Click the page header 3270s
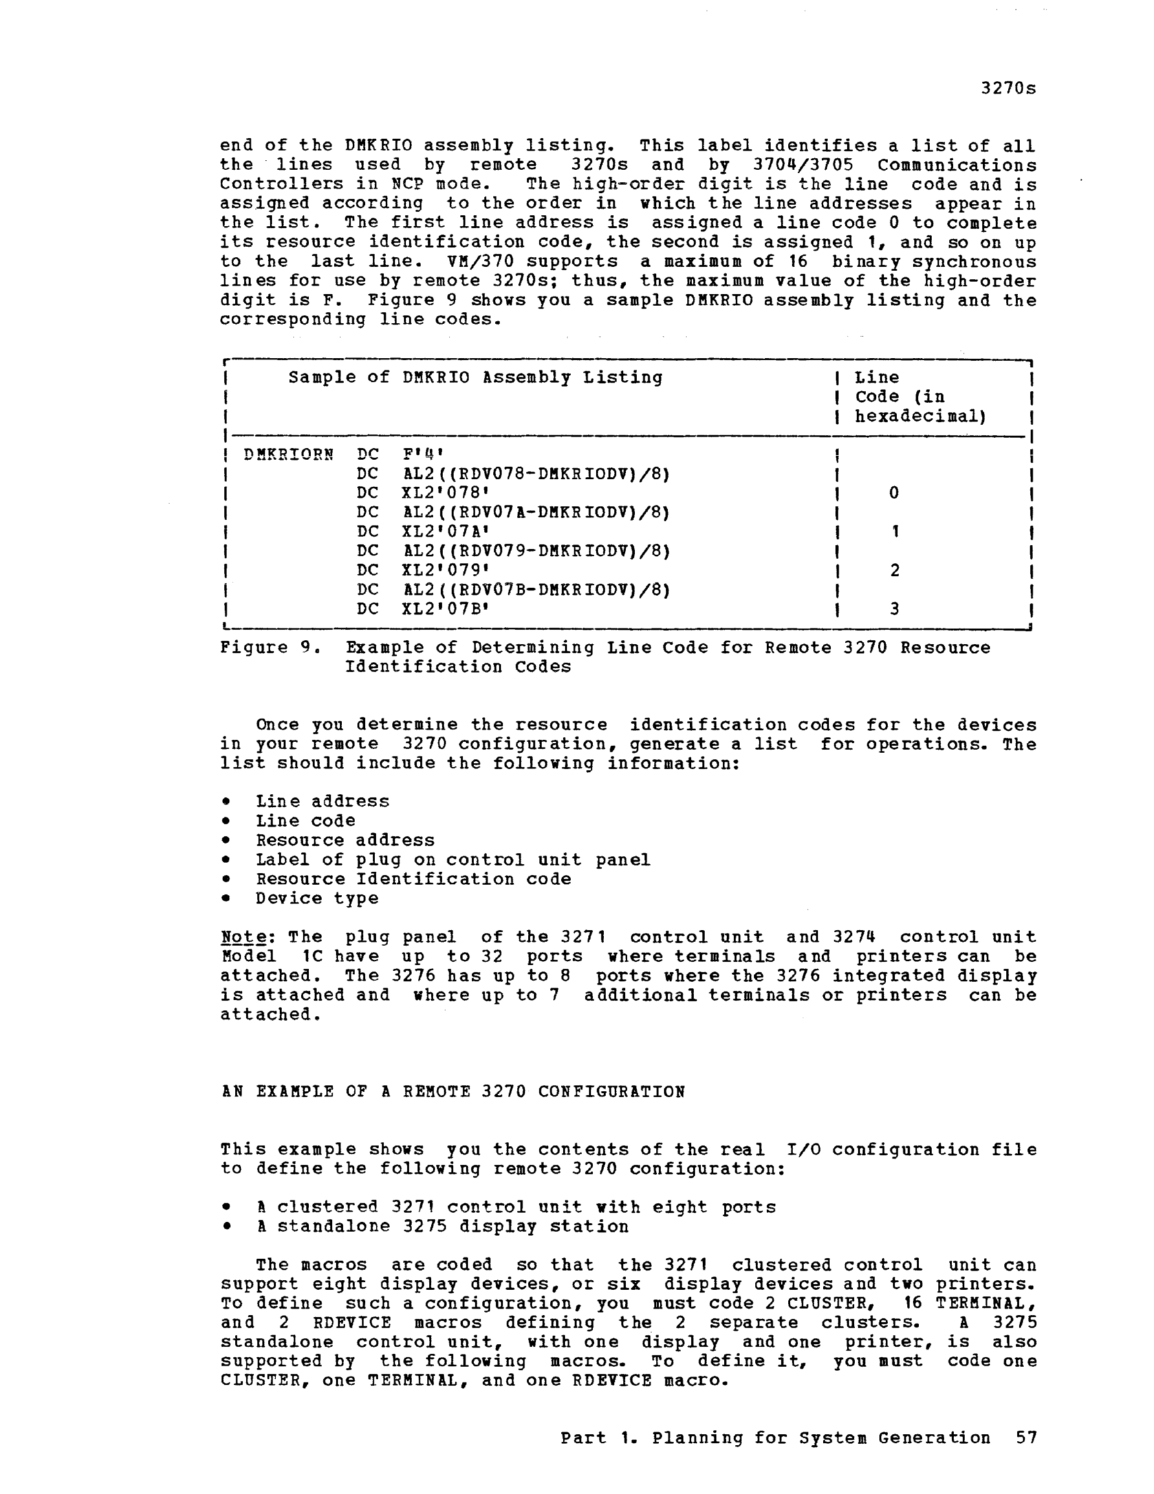[1008, 88]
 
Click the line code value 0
[894, 492]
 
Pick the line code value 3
[894, 608]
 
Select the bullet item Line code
[305, 820]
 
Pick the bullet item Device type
[317, 897]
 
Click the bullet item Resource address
[345, 840]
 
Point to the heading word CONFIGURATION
[611, 1091]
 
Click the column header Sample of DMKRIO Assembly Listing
[475, 378]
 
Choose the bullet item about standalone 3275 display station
[442, 1226]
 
